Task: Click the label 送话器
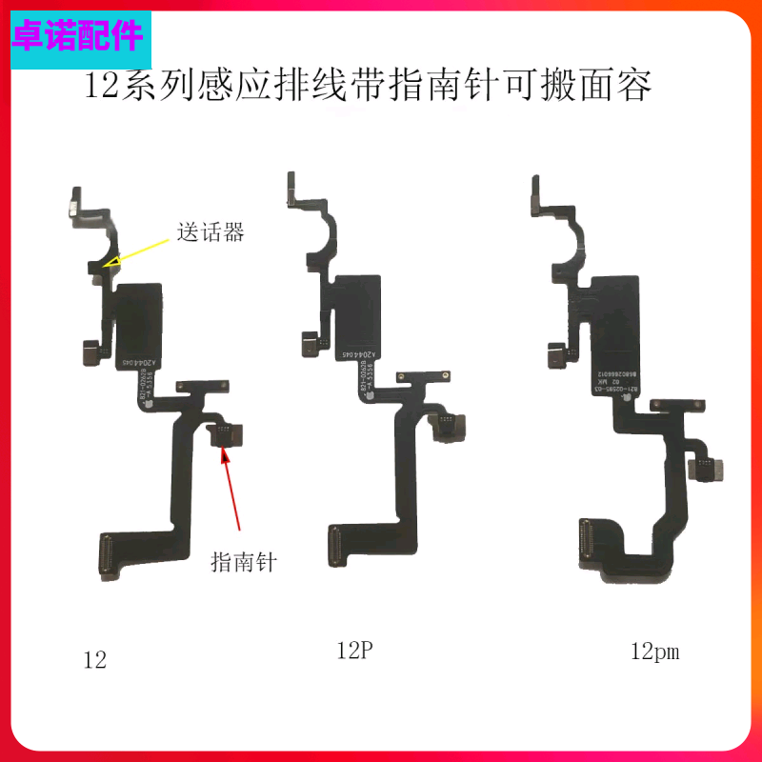click(x=211, y=231)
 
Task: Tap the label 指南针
click(x=243, y=562)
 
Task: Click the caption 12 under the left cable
click(x=94, y=659)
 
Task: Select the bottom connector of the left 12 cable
click(x=106, y=553)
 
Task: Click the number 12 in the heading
click(x=100, y=88)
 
